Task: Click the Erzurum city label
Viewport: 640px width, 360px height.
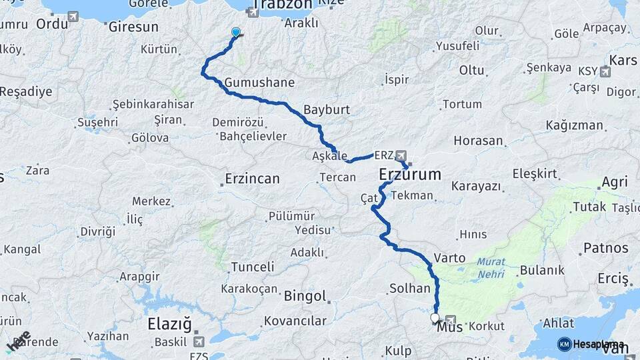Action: pos(410,175)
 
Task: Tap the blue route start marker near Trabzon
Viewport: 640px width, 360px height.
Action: pos(235,32)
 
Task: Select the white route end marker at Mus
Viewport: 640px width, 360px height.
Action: pos(435,318)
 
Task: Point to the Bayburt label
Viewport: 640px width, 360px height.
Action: pos(327,109)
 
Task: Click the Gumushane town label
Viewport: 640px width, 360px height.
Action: pos(260,83)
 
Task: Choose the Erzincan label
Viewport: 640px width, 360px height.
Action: pos(252,179)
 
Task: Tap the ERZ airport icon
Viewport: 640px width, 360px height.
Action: pos(400,155)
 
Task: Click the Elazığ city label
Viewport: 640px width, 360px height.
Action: pos(169,325)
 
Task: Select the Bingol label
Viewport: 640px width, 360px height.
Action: pos(305,295)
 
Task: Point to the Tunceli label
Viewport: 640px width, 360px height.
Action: pos(252,267)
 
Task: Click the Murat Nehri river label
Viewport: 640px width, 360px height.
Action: pos(491,267)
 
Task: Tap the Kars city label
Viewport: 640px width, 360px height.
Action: pos(623,61)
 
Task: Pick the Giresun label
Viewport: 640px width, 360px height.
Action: pos(133,27)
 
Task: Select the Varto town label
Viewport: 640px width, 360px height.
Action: pos(445,257)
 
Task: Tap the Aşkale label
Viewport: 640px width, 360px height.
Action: pos(330,155)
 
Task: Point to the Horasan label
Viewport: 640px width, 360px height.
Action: pos(478,141)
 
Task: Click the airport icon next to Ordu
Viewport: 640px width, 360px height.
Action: pos(73,16)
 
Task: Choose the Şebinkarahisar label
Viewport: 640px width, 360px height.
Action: pos(153,105)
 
